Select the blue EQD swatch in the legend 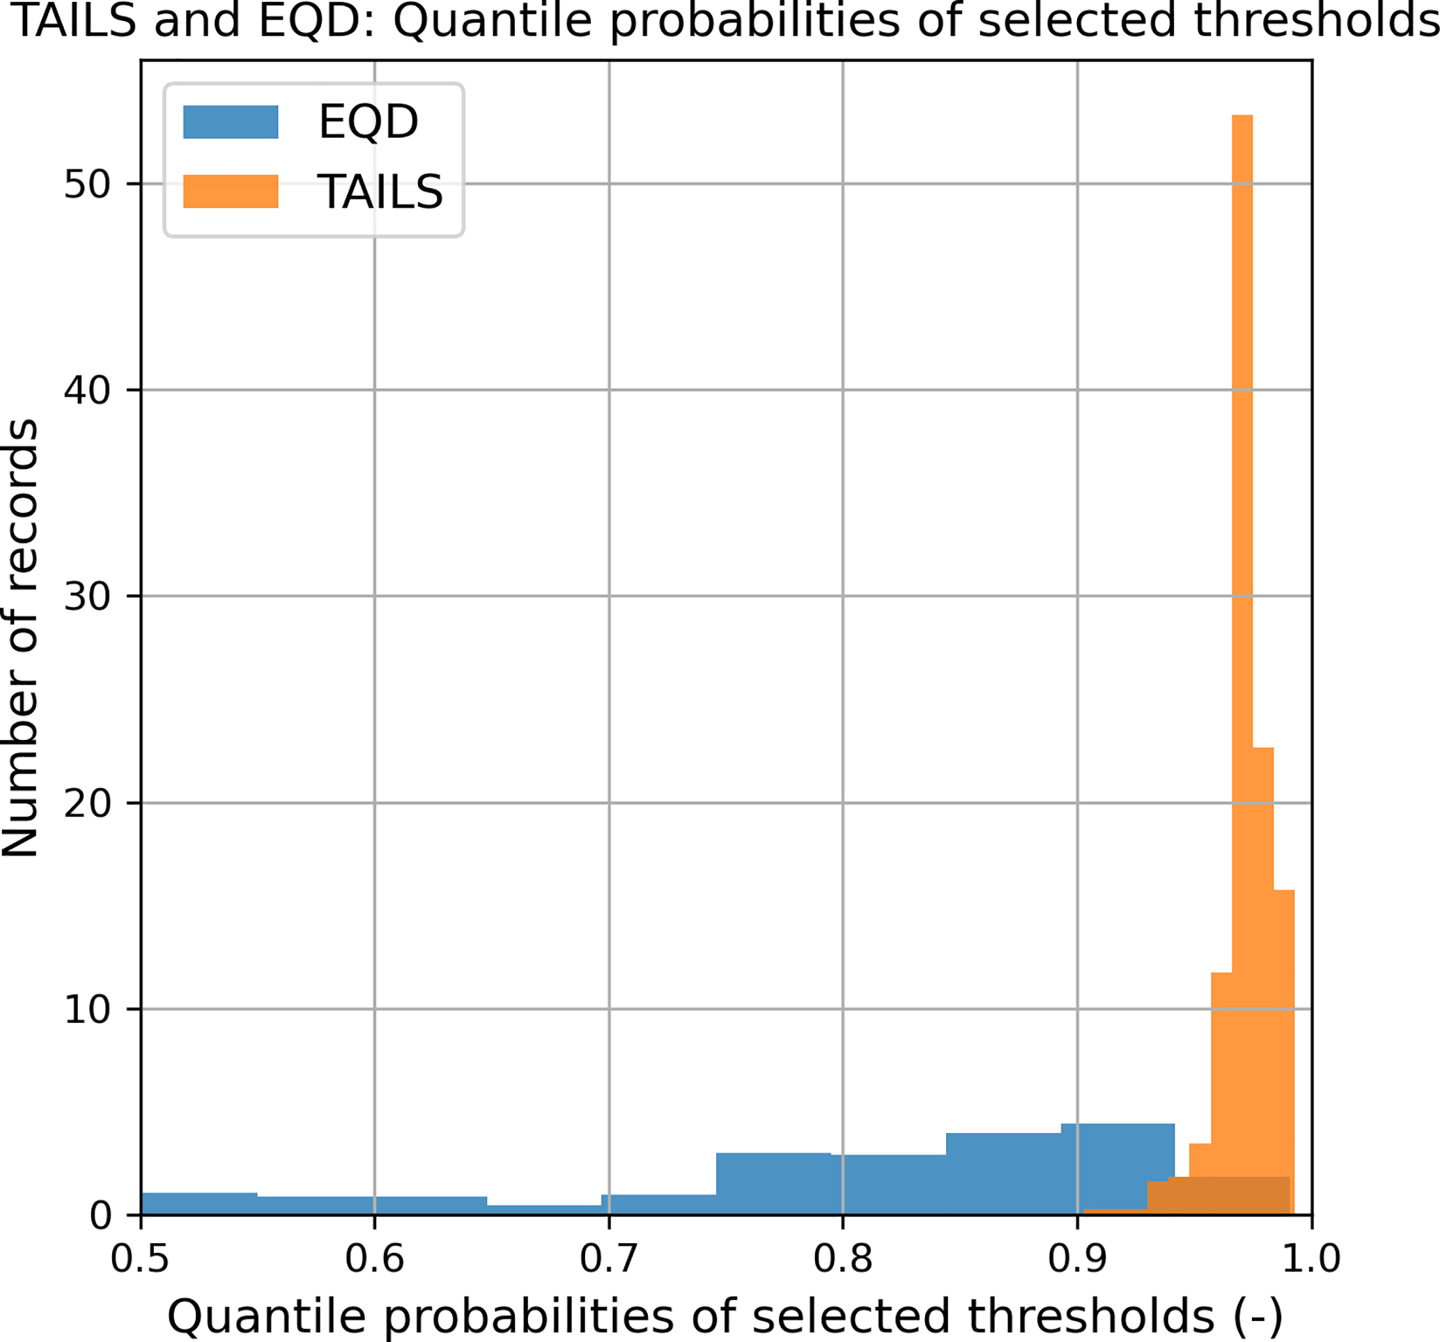[x=231, y=122]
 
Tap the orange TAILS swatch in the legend [x=231, y=192]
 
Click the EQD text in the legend [x=368, y=122]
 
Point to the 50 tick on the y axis [x=87, y=184]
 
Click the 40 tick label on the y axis [x=87, y=391]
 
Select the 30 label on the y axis [x=87, y=596]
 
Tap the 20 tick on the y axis [x=87, y=803]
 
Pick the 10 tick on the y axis [x=87, y=1010]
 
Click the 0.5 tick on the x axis [x=140, y=1258]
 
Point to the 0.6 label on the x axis [x=374, y=1258]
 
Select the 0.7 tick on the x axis [x=608, y=1258]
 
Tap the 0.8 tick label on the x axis [x=842, y=1258]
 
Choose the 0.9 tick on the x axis [x=1077, y=1258]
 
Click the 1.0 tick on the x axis [x=1311, y=1258]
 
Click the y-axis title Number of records [x=20, y=638]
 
